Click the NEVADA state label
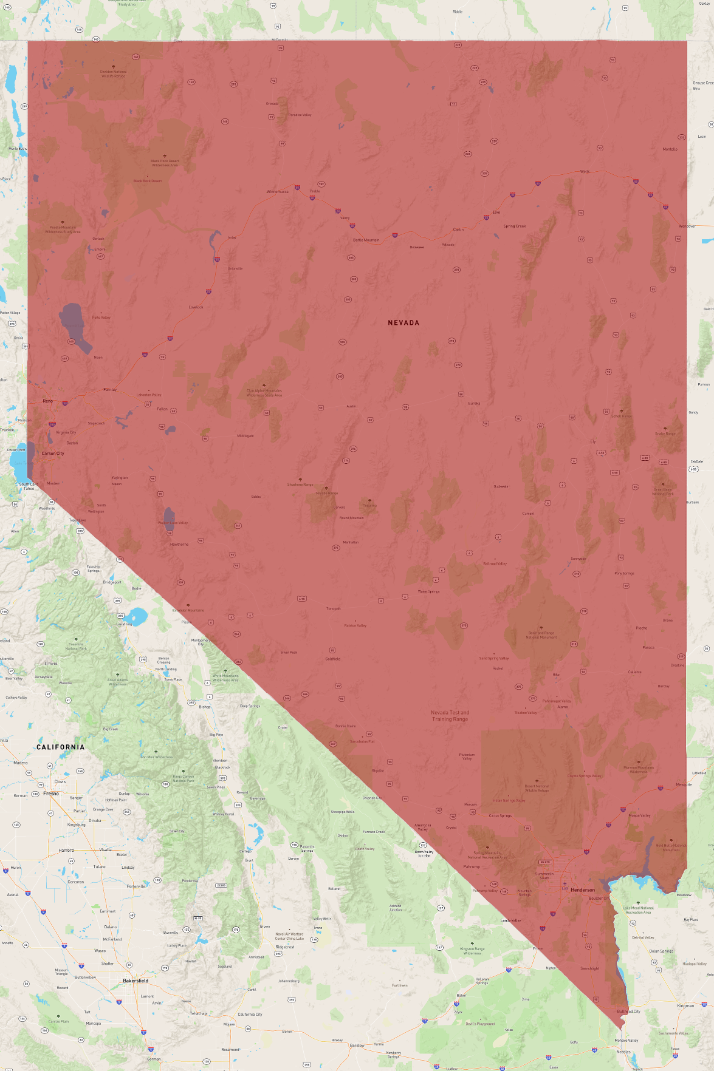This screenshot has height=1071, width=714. pos(403,323)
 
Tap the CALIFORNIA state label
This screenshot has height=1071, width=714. pos(61,747)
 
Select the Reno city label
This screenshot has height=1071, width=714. pos(48,401)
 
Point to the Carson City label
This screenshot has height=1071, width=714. pos(53,454)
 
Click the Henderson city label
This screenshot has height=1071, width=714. pos(583,890)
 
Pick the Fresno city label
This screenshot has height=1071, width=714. pos(51,794)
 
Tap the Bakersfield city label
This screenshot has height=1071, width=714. pos(136,981)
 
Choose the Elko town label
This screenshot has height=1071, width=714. pos(496,212)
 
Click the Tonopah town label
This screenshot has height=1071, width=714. pos(333,608)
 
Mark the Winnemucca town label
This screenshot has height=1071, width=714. pos(278,192)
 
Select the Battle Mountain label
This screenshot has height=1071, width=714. pos(366,240)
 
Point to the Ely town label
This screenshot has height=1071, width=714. pos(593,441)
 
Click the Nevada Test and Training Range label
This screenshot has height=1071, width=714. pos(450,716)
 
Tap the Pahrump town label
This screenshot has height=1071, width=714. pos(472,867)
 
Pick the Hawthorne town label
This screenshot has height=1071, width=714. pos(179,545)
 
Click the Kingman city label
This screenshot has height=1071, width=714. pos(685,1006)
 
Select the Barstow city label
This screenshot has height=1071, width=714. pos(357,1045)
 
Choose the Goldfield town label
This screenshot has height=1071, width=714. pos(333,659)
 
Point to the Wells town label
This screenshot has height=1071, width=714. pos(585,172)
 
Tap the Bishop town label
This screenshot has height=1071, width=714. pos(205,707)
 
